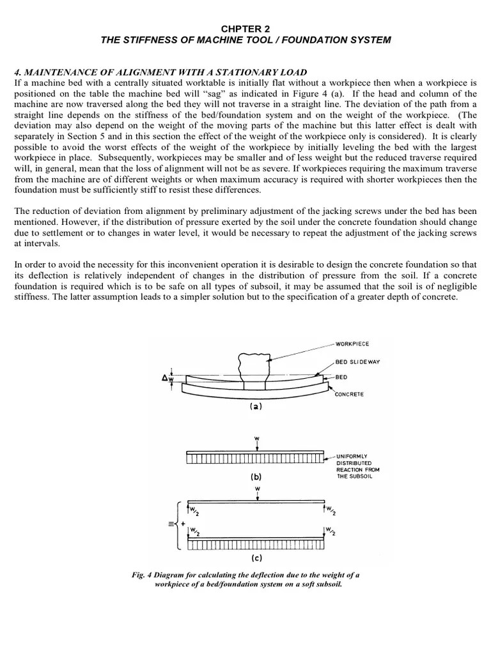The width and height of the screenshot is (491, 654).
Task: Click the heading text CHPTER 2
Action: [245, 28]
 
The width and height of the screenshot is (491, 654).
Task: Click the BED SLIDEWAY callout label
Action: [357, 362]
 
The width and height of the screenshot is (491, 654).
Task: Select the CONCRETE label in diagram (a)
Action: [349, 394]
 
